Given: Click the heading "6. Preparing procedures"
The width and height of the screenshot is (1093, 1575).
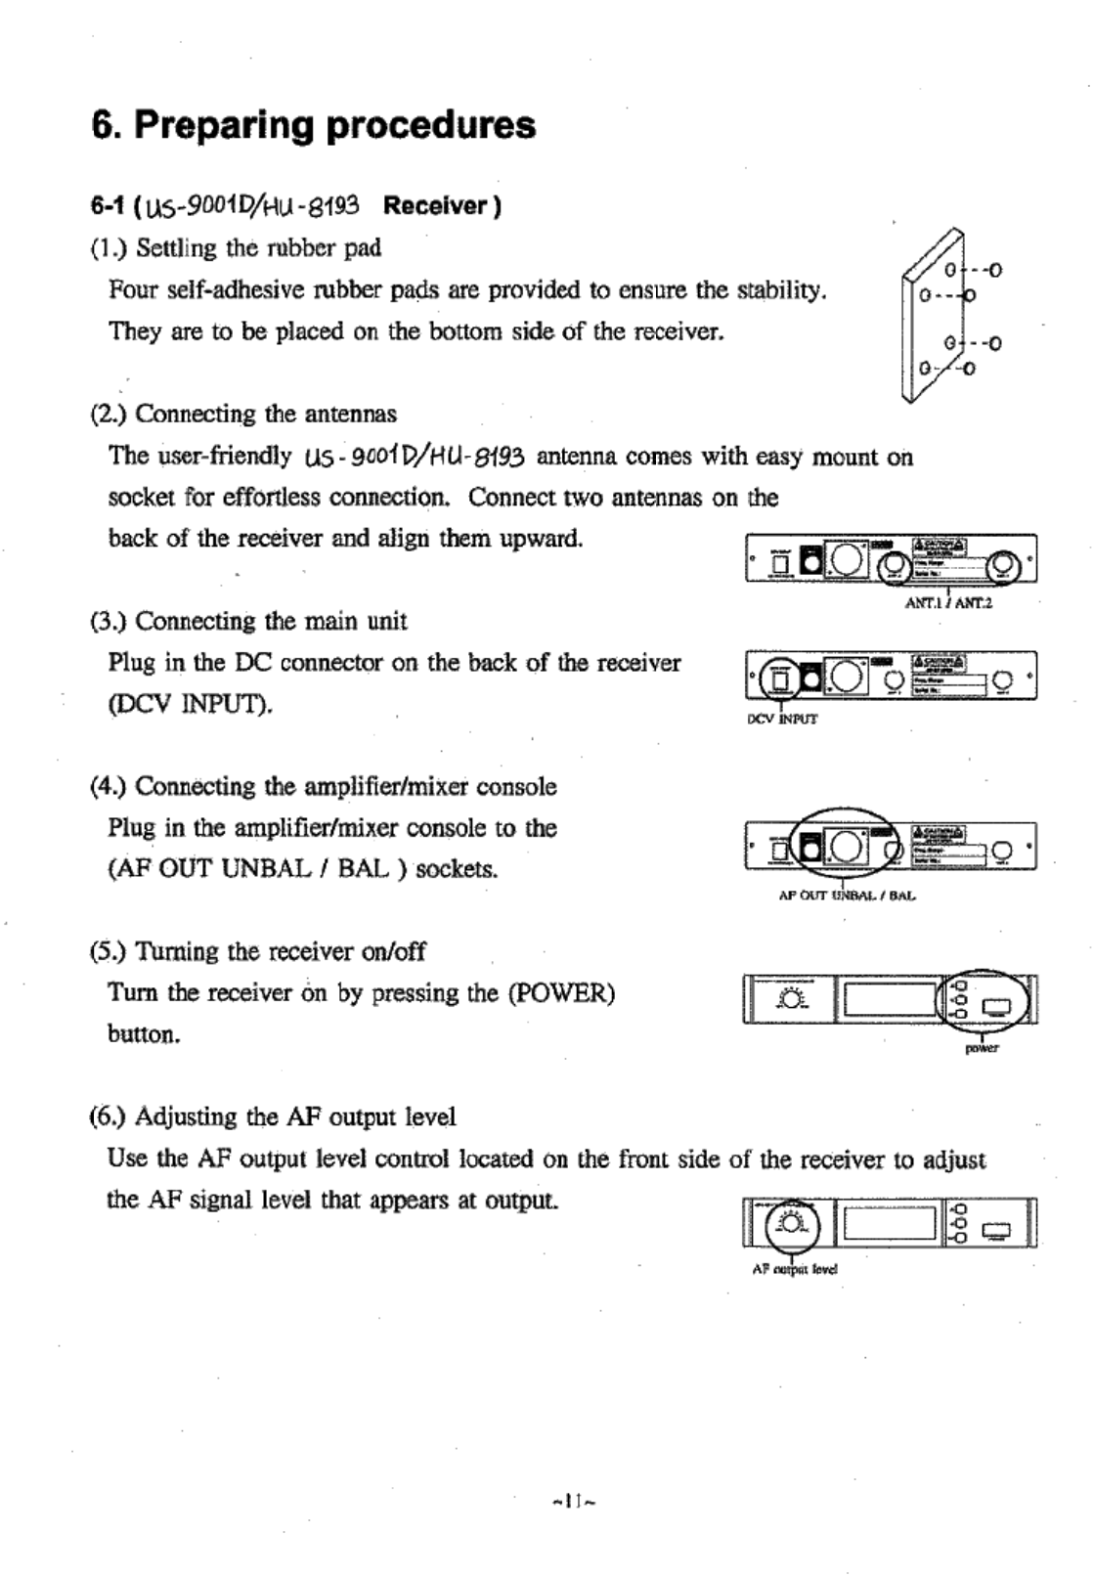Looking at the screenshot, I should point(313,125).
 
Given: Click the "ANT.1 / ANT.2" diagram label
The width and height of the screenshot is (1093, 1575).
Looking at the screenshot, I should point(948,603).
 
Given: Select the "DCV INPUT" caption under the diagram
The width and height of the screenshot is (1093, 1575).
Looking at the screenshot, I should point(781,719).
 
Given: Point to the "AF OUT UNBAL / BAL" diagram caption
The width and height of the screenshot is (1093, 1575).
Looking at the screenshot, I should point(847,895).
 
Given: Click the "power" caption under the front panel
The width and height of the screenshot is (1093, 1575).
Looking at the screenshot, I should point(982,1049).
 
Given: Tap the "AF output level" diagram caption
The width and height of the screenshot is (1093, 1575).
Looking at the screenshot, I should point(795,1269).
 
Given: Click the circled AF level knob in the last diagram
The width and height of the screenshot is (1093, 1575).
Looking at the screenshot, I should point(790,1223).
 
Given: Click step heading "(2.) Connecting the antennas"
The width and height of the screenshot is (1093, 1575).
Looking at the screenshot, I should point(243,415).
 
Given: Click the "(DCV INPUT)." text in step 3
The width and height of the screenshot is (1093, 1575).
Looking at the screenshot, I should point(190,704).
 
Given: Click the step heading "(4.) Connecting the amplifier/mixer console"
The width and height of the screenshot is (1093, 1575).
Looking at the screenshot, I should point(323,787).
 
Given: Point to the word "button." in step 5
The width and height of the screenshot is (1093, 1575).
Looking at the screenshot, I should point(144,1034).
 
